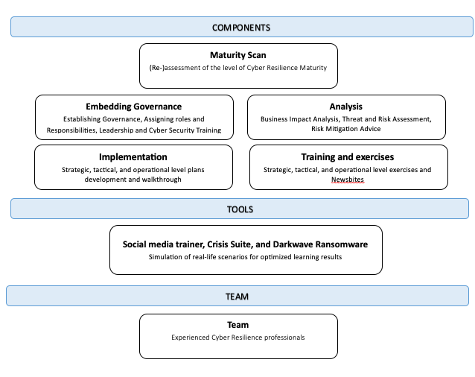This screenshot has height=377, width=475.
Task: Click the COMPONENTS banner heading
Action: [x=241, y=28]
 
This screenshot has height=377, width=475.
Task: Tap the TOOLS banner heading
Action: [x=240, y=209]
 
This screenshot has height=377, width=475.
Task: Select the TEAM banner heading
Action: [x=237, y=297]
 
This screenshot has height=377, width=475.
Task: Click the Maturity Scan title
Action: [x=238, y=55]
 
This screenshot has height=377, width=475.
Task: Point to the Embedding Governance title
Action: [x=133, y=107]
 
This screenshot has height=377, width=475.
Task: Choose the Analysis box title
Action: [x=346, y=107]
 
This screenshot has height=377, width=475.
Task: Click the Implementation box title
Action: [x=133, y=157]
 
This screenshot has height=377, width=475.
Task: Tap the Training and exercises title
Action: [x=348, y=157]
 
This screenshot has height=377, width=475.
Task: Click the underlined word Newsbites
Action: [x=348, y=180]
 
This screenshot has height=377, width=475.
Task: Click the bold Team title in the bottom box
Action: [x=238, y=325]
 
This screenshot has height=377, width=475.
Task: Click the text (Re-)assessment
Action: [x=174, y=68]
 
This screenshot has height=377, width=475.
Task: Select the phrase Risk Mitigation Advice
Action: [x=346, y=129]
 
